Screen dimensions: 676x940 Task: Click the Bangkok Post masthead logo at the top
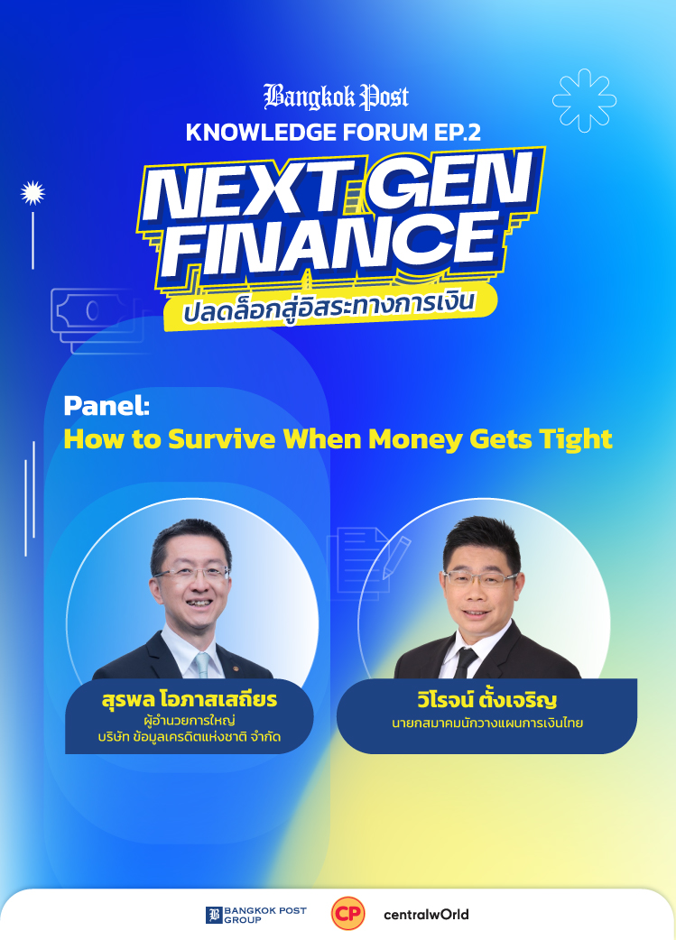337,97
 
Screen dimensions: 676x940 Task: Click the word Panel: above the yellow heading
106,406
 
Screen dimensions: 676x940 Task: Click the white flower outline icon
584,100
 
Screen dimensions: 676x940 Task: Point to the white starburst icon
33,193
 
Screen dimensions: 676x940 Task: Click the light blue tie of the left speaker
203,665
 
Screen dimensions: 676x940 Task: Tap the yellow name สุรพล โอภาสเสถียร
190,699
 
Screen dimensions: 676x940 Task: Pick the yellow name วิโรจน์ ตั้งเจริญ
487,700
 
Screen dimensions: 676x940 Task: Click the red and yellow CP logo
347,914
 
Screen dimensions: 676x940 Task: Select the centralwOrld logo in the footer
426,914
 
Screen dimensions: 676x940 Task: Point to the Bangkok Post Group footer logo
256,915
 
